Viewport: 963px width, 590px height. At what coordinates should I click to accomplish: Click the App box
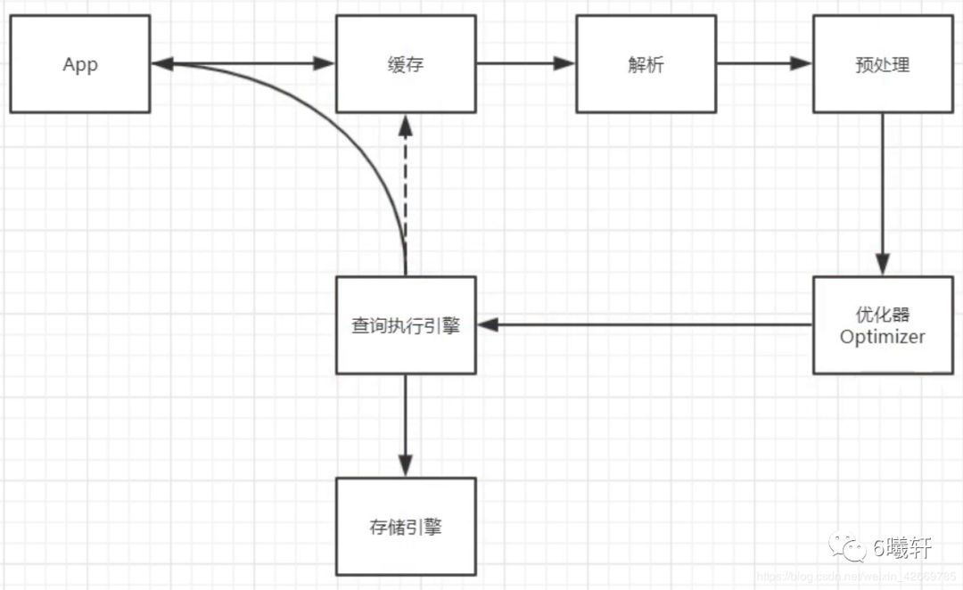(79, 64)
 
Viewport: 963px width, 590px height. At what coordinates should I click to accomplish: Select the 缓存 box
(406, 64)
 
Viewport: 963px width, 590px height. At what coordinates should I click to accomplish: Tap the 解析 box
(646, 64)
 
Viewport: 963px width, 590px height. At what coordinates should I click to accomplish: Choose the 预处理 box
(883, 64)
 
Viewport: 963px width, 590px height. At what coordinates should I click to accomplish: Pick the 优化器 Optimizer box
(883, 325)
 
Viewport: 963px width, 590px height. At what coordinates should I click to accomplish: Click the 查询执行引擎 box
(406, 325)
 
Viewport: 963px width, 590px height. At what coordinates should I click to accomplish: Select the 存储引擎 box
(406, 526)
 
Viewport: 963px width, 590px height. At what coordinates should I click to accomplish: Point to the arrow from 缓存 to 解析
(526, 63)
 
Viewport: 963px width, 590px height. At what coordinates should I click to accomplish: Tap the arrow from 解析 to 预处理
(765, 63)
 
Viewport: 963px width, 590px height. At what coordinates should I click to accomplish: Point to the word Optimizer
(883, 337)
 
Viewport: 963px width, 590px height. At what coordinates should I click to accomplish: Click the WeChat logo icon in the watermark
(847, 547)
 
